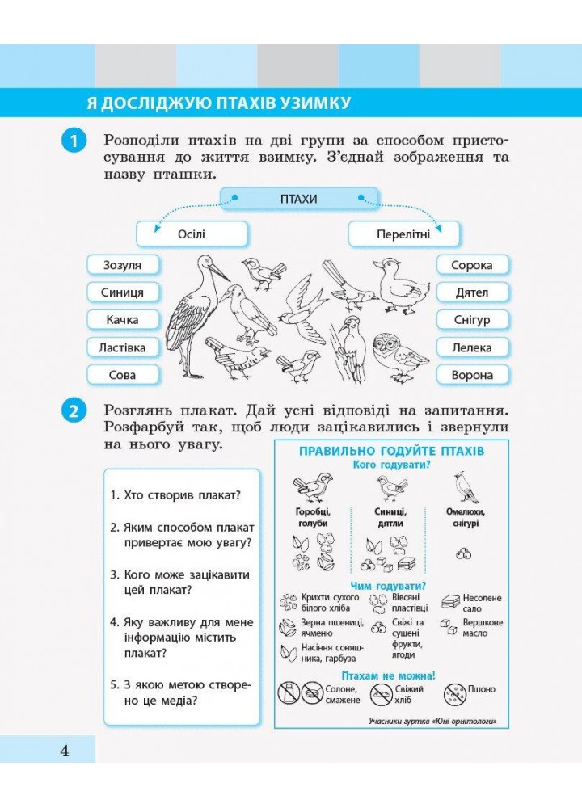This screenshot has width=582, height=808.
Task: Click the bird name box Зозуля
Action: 123,265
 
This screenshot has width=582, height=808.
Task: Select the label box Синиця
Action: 123,292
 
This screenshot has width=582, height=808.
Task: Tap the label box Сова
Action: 123,375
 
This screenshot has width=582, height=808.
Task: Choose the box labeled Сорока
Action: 473,265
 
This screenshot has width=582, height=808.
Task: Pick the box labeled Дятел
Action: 473,292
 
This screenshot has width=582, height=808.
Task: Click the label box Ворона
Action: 473,375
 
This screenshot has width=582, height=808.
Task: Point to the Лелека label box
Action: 473,347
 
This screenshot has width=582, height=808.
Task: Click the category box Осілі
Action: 191,234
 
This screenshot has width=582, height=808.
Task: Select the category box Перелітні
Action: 403,234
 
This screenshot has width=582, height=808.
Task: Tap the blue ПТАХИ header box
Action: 298,199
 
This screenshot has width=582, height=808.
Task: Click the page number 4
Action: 65,751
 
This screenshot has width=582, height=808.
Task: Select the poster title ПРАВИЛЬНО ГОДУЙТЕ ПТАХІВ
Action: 391,451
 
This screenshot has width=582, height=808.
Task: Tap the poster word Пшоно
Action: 482,689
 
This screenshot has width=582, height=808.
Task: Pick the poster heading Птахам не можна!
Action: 389,675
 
